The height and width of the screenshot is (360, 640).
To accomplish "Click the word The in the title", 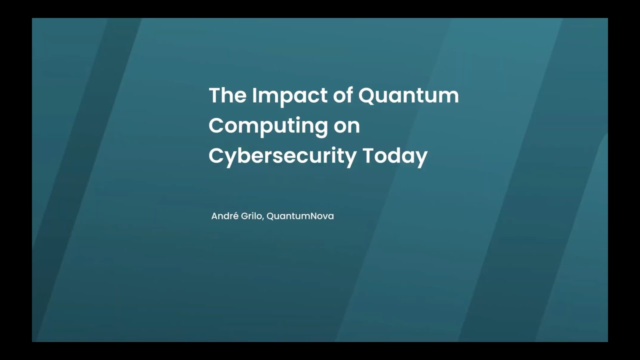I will tap(227, 95).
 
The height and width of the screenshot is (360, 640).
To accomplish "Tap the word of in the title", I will tap(343, 95).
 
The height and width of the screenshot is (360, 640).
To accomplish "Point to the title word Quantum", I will tap(408, 95).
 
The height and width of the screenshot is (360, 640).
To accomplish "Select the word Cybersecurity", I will tap(282, 156).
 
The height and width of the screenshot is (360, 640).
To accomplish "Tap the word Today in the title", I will tap(395, 156).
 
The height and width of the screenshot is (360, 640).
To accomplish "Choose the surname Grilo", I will tap(251, 216).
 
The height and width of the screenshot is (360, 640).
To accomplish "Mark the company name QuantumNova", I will tap(300, 216).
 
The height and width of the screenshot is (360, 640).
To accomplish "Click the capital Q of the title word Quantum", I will tap(367, 95).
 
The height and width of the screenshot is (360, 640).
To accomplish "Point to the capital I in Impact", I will tap(254, 95).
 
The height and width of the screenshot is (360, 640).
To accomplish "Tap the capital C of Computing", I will tap(216, 125).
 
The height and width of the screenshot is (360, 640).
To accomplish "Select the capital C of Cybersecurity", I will tap(216, 155).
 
